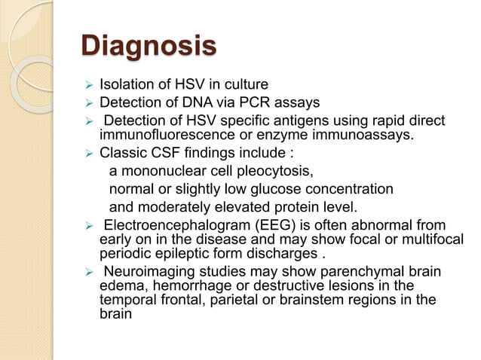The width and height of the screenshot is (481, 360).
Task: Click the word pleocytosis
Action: click(x=277, y=171)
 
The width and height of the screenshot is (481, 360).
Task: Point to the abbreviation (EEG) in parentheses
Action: click(x=263, y=225)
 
